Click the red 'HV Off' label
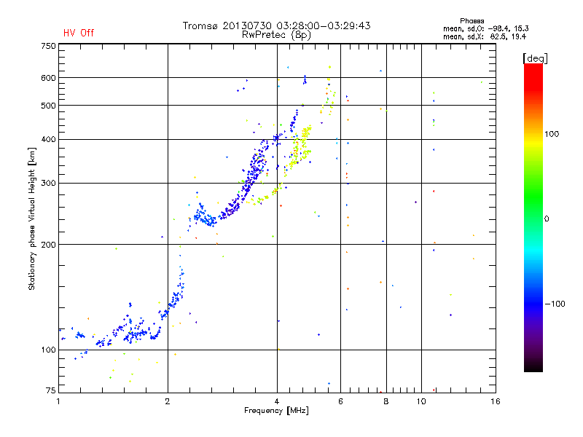click(x=78, y=33)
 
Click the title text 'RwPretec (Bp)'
click(x=276, y=34)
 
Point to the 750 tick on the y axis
click(x=48, y=45)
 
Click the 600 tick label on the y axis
click(x=48, y=77)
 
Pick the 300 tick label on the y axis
click(x=48, y=183)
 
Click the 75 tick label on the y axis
click(x=50, y=392)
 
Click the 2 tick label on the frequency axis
click(x=168, y=401)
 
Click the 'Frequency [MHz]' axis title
click(x=276, y=411)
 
